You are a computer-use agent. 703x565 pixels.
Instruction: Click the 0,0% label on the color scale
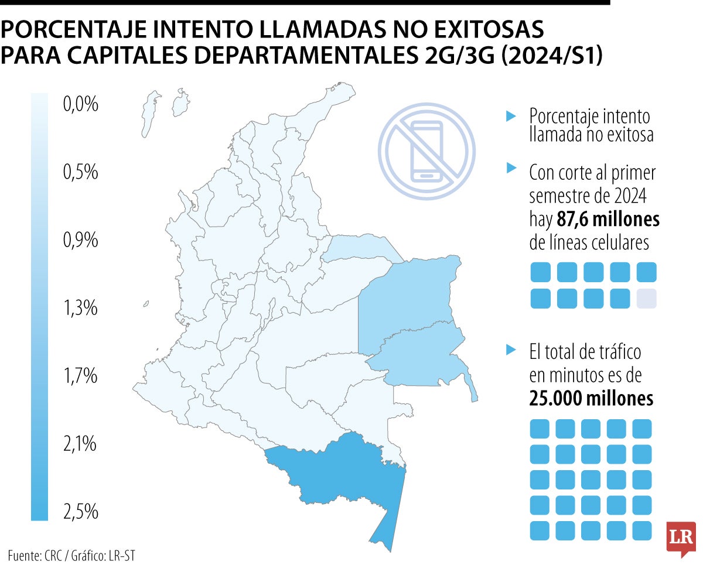(x=80, y=105)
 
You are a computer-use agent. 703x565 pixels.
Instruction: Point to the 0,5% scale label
(x=80, y=173)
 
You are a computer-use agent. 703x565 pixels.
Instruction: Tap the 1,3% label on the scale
(x=80, y=308)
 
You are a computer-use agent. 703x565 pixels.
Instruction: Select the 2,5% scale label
(x=80, y=512)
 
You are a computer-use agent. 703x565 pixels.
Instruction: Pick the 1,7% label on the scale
(x=80, y=376)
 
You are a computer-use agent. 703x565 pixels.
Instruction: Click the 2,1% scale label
(x=80, y=444)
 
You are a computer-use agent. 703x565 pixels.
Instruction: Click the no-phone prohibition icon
(x=426, y=151)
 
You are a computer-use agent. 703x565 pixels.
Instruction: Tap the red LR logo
(x=681, y=539)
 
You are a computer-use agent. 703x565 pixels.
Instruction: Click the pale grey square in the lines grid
(x=647, y=299)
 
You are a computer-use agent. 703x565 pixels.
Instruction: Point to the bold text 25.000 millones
(x=591, y=399)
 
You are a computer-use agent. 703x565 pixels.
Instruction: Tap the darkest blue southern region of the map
(x=340, y=468)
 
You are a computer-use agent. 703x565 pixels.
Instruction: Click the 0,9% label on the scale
(x=80, y=241)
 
